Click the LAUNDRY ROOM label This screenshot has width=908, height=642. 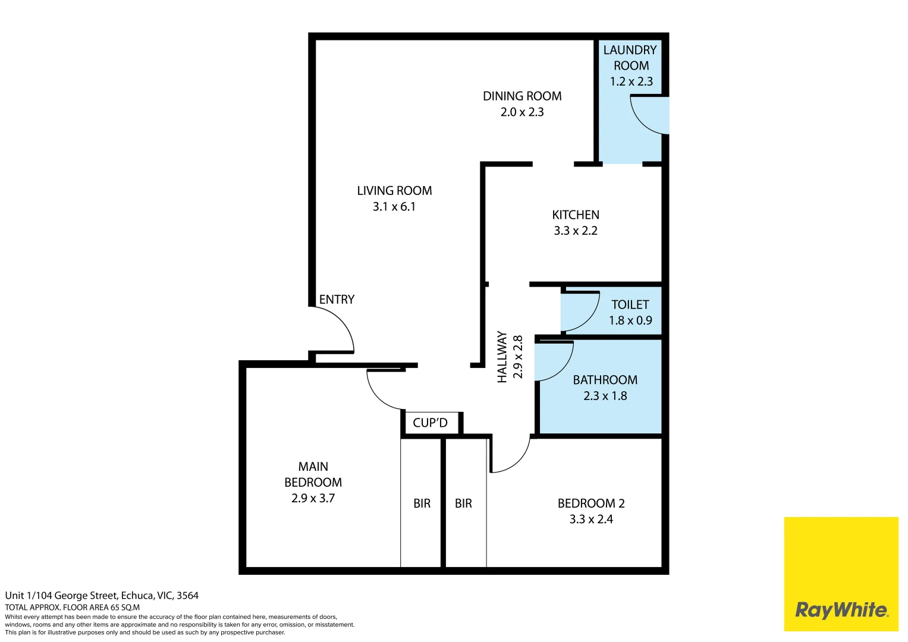click(x=630, y=58)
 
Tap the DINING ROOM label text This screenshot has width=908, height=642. click(x=522, y=96)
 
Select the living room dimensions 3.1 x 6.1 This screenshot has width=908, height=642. click(x=394, y=207)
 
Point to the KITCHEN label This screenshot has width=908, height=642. click(x=576, y=215)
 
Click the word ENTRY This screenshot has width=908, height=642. click(x=337, y=300)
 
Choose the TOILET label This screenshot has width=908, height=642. click(x=630, y=305)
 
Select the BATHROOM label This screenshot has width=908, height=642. click(x=605, y=380)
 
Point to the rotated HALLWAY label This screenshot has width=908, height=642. click(x=502, y=357)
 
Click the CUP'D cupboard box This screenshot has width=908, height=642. click(x=430, y=423)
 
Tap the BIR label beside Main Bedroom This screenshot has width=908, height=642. click(x=422, y=503)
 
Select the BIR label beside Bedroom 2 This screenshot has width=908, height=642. click(x=463, y=503)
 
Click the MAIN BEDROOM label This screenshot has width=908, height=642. click(x=313, y=474)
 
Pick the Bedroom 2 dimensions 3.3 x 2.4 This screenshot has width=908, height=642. click(x=591, y=520)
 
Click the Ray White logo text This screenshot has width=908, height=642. click(x=841, y=610)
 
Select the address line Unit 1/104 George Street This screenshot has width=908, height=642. click(x=102, y=596)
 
